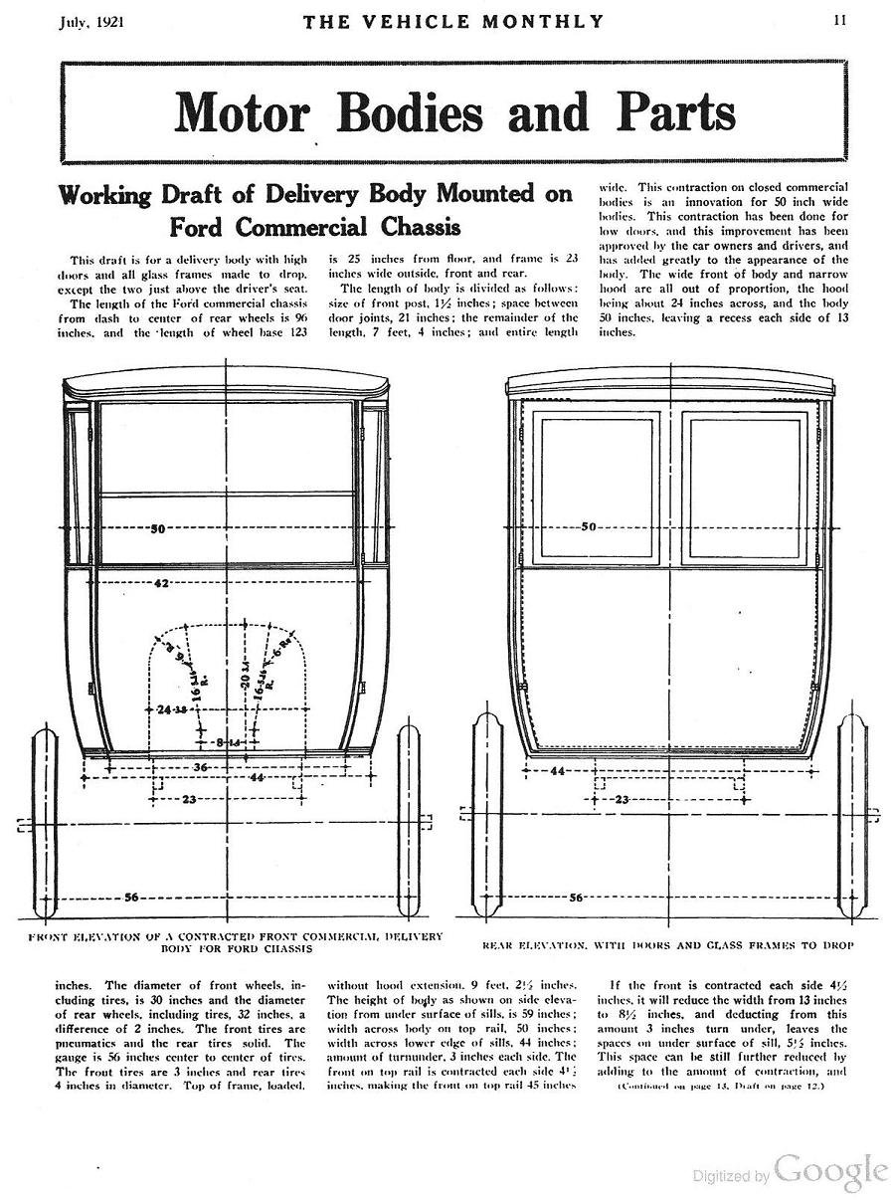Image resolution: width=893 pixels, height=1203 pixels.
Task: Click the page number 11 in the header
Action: [x=840, y=20]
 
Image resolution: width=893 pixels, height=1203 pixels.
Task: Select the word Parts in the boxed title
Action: [x=674, y=112]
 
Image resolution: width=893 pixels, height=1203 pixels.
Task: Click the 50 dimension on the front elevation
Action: [x=157, y=528]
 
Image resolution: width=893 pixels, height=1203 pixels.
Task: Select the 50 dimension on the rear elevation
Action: [x=588, y=526]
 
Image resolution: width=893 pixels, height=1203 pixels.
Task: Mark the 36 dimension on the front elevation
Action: [x=200, y=767]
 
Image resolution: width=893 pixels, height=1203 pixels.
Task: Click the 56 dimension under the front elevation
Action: [x=130, y=898]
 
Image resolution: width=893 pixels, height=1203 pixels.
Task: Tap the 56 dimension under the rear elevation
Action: [x=575, y=899]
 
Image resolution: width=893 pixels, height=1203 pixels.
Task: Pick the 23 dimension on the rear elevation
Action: [x=623, y=798]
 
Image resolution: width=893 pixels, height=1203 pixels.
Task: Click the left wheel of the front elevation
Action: [x=47, y=824]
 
